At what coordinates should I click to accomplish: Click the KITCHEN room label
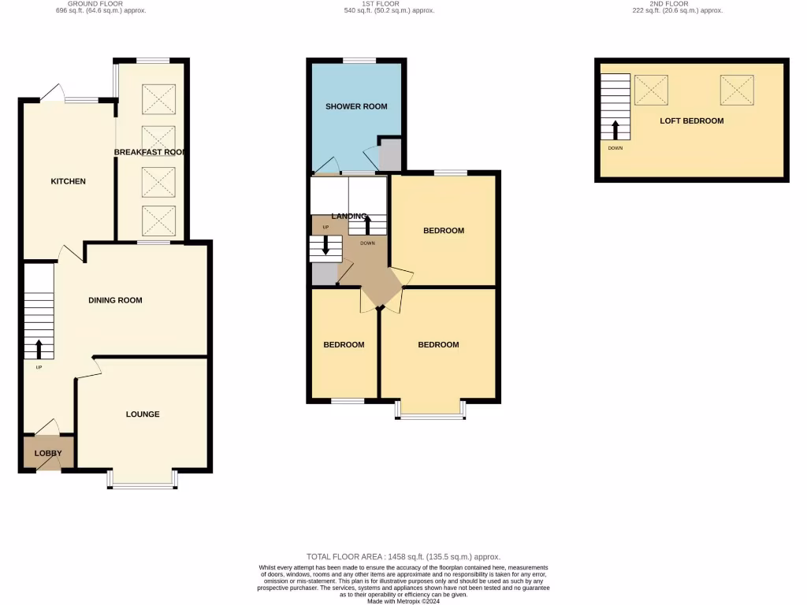click(68, 181)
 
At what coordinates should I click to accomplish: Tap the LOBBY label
click(47, 453)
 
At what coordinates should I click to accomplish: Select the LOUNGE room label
click(143, 414)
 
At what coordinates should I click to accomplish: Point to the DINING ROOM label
click(115, 300)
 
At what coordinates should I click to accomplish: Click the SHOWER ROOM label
click(356, 106)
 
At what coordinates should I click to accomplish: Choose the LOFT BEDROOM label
click(691, 121)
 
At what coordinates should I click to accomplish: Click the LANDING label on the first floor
click(348, 216)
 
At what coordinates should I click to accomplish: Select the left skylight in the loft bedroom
click(651, 90)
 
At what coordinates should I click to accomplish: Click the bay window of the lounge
click(143, 480)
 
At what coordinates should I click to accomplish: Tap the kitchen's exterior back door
click(52, 94)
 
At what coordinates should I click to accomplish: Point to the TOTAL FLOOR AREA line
click(403, 556)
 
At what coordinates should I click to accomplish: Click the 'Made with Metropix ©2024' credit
click(403, 601)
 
